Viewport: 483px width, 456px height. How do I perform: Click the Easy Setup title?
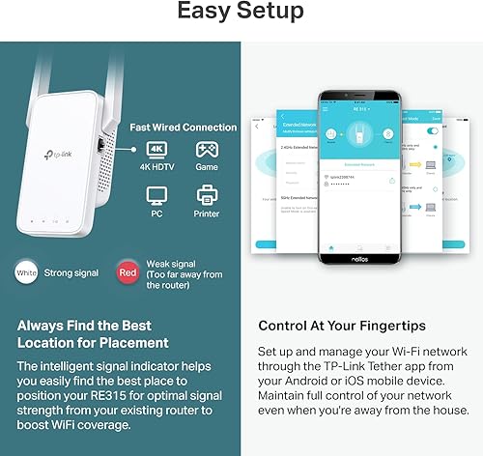pos(241,13)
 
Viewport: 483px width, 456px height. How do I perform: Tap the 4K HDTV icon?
pos(159,151)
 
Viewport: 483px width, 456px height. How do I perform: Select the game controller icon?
pos(208,151)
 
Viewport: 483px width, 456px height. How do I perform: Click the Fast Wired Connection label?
pos(184,128)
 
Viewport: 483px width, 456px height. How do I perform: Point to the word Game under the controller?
pos(208,168)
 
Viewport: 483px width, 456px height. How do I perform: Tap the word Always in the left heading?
pos(40,327)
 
